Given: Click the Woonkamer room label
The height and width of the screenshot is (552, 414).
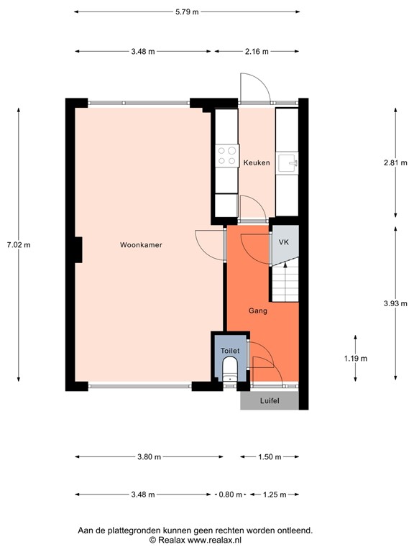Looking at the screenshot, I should (141, 245).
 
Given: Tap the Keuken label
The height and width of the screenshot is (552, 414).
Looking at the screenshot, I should (257, 163).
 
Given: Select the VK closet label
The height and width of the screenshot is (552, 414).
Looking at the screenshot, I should (284, 243).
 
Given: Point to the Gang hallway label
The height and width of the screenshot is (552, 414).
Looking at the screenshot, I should (258, 311).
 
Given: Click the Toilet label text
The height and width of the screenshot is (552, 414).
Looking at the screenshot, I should (229, 350).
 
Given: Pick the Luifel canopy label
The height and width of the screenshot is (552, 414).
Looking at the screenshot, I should (269, 401).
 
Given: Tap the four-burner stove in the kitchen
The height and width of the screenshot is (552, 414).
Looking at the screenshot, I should (227, 156).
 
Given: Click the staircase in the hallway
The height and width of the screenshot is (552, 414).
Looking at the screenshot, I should (285, 282).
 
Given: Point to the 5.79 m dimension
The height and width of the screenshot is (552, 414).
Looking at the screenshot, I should (187, 12).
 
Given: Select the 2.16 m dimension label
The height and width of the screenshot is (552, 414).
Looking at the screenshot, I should (256, 52).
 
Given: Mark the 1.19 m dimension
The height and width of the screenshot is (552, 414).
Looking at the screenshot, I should (355, 358).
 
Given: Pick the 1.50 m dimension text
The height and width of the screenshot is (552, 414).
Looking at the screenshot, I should (269, 457).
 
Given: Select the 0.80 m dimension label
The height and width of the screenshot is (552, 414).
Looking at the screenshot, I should (231, 494).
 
